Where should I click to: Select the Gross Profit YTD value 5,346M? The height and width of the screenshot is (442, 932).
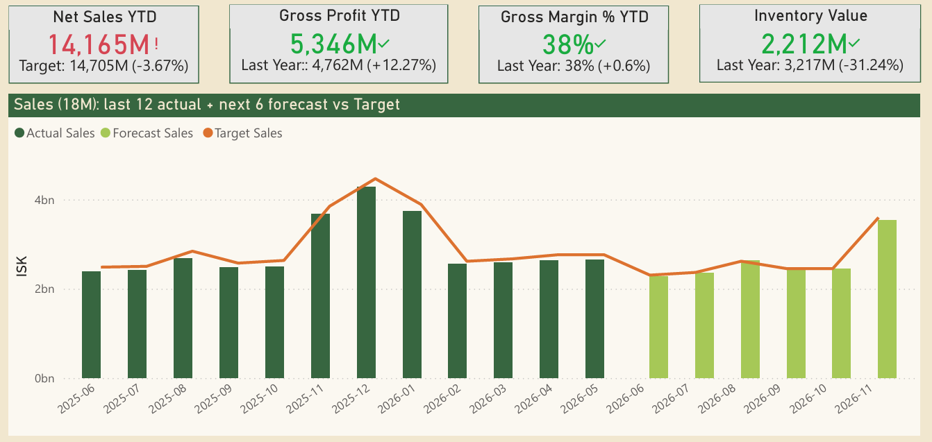pos(333,44)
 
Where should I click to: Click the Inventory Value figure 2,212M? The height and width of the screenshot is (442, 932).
pos(804,44)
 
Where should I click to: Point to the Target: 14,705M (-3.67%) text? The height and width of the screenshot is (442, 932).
pos(103,67)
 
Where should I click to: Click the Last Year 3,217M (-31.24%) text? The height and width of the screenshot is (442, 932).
pos(810,65)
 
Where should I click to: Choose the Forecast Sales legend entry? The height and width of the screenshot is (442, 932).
pos(147,133)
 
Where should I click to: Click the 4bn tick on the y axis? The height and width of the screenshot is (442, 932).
pos(44,200)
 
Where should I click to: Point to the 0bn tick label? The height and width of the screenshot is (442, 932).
pos(44,379)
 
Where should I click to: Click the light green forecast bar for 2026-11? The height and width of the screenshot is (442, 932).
pos(887,299)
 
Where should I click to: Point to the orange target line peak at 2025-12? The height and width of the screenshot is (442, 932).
pos(375,179)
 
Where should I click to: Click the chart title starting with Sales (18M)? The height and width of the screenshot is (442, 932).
pos(207,105)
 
